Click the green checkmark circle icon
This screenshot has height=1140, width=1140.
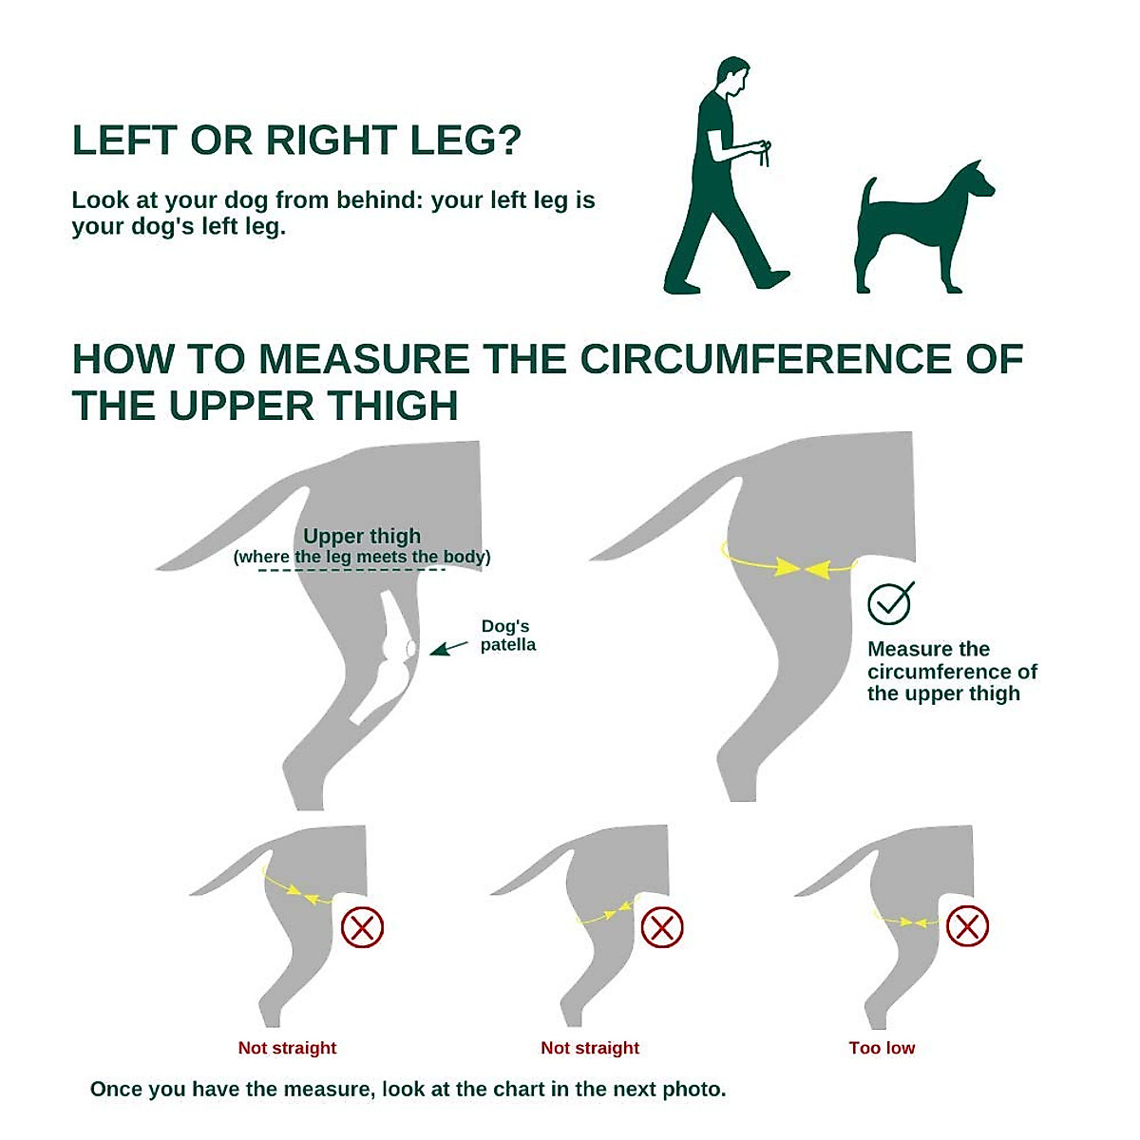(x=890, y=602)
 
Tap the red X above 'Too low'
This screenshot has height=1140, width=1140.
(x=967, y=926)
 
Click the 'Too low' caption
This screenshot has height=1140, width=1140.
(x=882, y=1048)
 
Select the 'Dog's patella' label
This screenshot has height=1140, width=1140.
(x=507, y=636)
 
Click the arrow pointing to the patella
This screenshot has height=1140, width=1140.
(x=448, y=648)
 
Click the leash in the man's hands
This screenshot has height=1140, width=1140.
(x=765, y=153)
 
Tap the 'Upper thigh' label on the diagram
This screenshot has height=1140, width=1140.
(x=362, y=536)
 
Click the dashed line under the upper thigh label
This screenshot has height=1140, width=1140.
(x=351, y=570)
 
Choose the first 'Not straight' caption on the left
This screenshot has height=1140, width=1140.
(x=287, y=1048)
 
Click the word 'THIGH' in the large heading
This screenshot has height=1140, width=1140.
(x=392, y=407)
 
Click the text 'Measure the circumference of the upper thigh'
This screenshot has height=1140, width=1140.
(x=951, y=672)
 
